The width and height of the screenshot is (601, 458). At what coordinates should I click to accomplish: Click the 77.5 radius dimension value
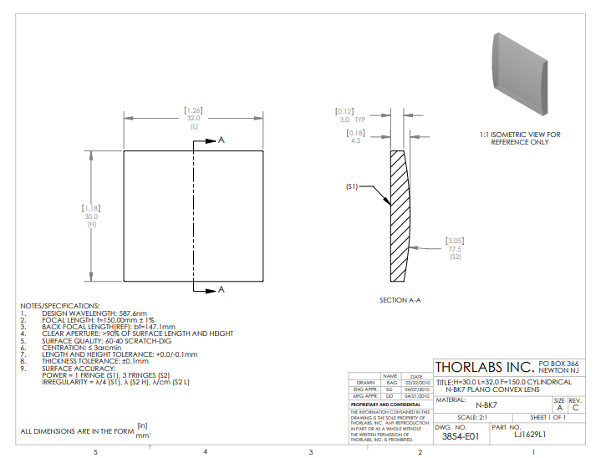pyautogui.click(x=454, y=248)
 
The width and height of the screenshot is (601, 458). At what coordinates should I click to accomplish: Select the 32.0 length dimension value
pyautogui.click(x=193, y=119)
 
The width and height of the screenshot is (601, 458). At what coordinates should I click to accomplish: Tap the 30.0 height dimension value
pyautogui.click(x=91, y=216)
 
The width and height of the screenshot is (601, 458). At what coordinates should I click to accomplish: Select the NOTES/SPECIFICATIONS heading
pyautogui.click(x=59, y=306)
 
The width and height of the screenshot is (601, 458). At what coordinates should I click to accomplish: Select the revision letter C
pyautogui.click(x=575, y=407)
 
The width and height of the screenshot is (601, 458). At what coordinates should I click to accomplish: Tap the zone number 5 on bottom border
pyautogui.click(x=95, y=452)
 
